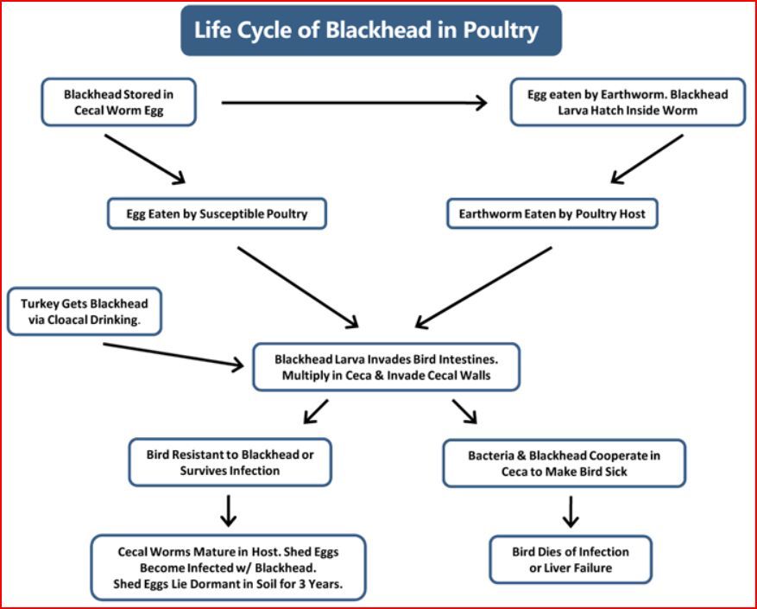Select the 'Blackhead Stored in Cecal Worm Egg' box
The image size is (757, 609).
coord(119,102)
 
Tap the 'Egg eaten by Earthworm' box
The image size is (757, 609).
coord(628,102)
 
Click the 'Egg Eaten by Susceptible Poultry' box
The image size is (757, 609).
coord(217,213)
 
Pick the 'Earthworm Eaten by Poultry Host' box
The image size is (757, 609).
coord(552,213)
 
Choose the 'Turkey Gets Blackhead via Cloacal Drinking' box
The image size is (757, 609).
coord(85,312)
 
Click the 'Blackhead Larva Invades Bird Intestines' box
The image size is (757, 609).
coord(386,367)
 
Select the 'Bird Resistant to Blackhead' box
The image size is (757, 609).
coord(230,462)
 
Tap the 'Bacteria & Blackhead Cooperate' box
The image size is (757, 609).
coord(564,464)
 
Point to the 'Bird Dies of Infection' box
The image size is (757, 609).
coord(571,560)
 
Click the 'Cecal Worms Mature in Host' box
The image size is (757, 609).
coord(229,568)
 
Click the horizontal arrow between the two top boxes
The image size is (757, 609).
coord(355,103)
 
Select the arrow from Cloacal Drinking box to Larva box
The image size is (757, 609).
coord(173,355)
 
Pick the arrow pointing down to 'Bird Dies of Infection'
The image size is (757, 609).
coord(571,512)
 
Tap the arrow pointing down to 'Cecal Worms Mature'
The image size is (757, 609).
coord(229,511)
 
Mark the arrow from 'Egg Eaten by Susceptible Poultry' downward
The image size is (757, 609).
coord(298,288)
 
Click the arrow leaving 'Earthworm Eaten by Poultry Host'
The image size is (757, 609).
coord(483,288)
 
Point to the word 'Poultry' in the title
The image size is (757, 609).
coord(501,30)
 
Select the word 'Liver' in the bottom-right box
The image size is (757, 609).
coord(556,568)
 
